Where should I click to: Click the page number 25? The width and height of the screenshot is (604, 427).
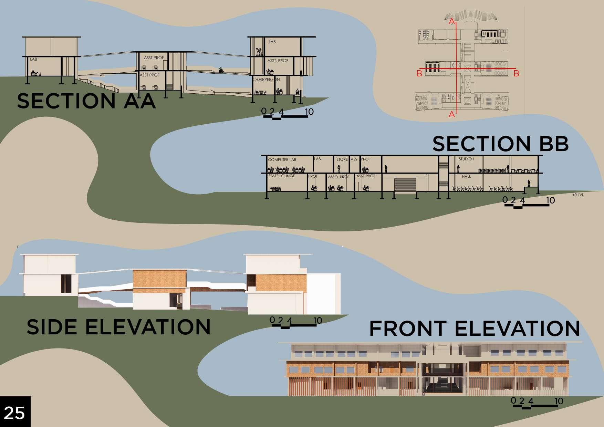[x=14, y=413]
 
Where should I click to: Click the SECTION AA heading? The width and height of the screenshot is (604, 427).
[x=86, y=101]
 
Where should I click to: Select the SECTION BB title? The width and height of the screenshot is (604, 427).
[x=500, y=144]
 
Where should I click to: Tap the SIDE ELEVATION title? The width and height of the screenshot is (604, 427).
[x=118, y=327]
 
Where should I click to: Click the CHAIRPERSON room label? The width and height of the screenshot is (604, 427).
[x=266, y=80]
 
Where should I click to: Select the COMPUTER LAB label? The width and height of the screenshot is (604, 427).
[x=282, y=160]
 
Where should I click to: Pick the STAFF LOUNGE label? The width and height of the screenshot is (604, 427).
[x=282, y=176]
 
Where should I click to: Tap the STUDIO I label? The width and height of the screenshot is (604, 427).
[x=466, y=159]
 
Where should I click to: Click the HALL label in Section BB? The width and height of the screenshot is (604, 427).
[x=466, y=176]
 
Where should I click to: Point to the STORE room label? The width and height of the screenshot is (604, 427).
[x=342, y=159]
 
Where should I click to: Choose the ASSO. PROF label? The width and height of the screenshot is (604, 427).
[x=339, y=177]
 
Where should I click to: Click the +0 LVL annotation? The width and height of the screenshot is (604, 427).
[x=578, y=195]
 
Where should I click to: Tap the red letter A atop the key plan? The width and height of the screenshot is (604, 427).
[x=451, y=22]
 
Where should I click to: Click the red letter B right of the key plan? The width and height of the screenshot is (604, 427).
[x=516, y=73]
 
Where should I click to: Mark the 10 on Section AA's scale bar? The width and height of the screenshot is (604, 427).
[x=309, y=112]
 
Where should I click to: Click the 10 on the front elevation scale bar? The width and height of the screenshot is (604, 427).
[x=559, y=401]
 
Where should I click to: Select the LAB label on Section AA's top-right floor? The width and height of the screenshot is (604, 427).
[x=272, y=42]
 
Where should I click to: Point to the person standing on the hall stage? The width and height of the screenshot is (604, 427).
[x=529, y=183]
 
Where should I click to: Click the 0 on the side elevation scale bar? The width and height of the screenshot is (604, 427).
[x=272, y=320]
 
